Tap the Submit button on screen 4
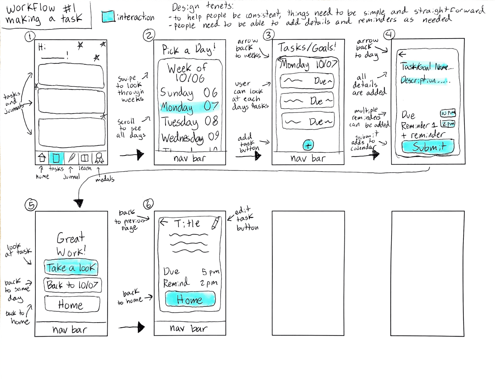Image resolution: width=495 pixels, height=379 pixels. click(428, 147)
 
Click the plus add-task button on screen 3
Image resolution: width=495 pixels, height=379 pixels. click(308, 145)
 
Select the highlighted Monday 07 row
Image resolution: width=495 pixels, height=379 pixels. click(189, 107)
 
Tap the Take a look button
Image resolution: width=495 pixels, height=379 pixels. click(71, 268)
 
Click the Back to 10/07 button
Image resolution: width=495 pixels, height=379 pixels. click(72, 285)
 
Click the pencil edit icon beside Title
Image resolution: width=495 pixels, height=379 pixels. click(215, 223)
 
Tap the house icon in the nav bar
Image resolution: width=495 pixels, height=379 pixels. click(42, 158)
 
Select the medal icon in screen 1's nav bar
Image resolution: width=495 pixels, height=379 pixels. click(99, 158)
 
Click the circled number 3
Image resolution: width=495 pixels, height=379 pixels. click(269, 35)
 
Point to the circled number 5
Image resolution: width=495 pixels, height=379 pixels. click(31, 205)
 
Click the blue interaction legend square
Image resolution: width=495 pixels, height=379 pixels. click(108, 16)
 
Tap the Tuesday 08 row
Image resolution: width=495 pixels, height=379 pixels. click(189, 122)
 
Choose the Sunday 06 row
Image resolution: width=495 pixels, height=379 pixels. click(189, 93)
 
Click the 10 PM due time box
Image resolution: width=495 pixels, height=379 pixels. click(448, 113)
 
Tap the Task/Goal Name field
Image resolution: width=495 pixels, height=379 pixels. click(426, 67)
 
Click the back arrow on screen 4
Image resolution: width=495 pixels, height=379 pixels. click(402, 54)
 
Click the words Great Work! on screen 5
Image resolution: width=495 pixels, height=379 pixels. click(71, 244)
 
